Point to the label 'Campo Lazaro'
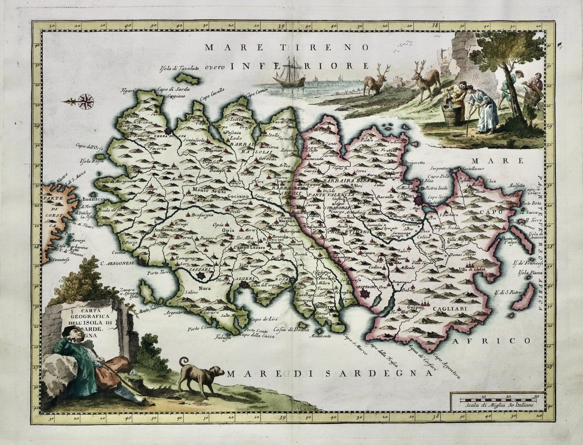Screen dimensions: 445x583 tap(250, 247)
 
